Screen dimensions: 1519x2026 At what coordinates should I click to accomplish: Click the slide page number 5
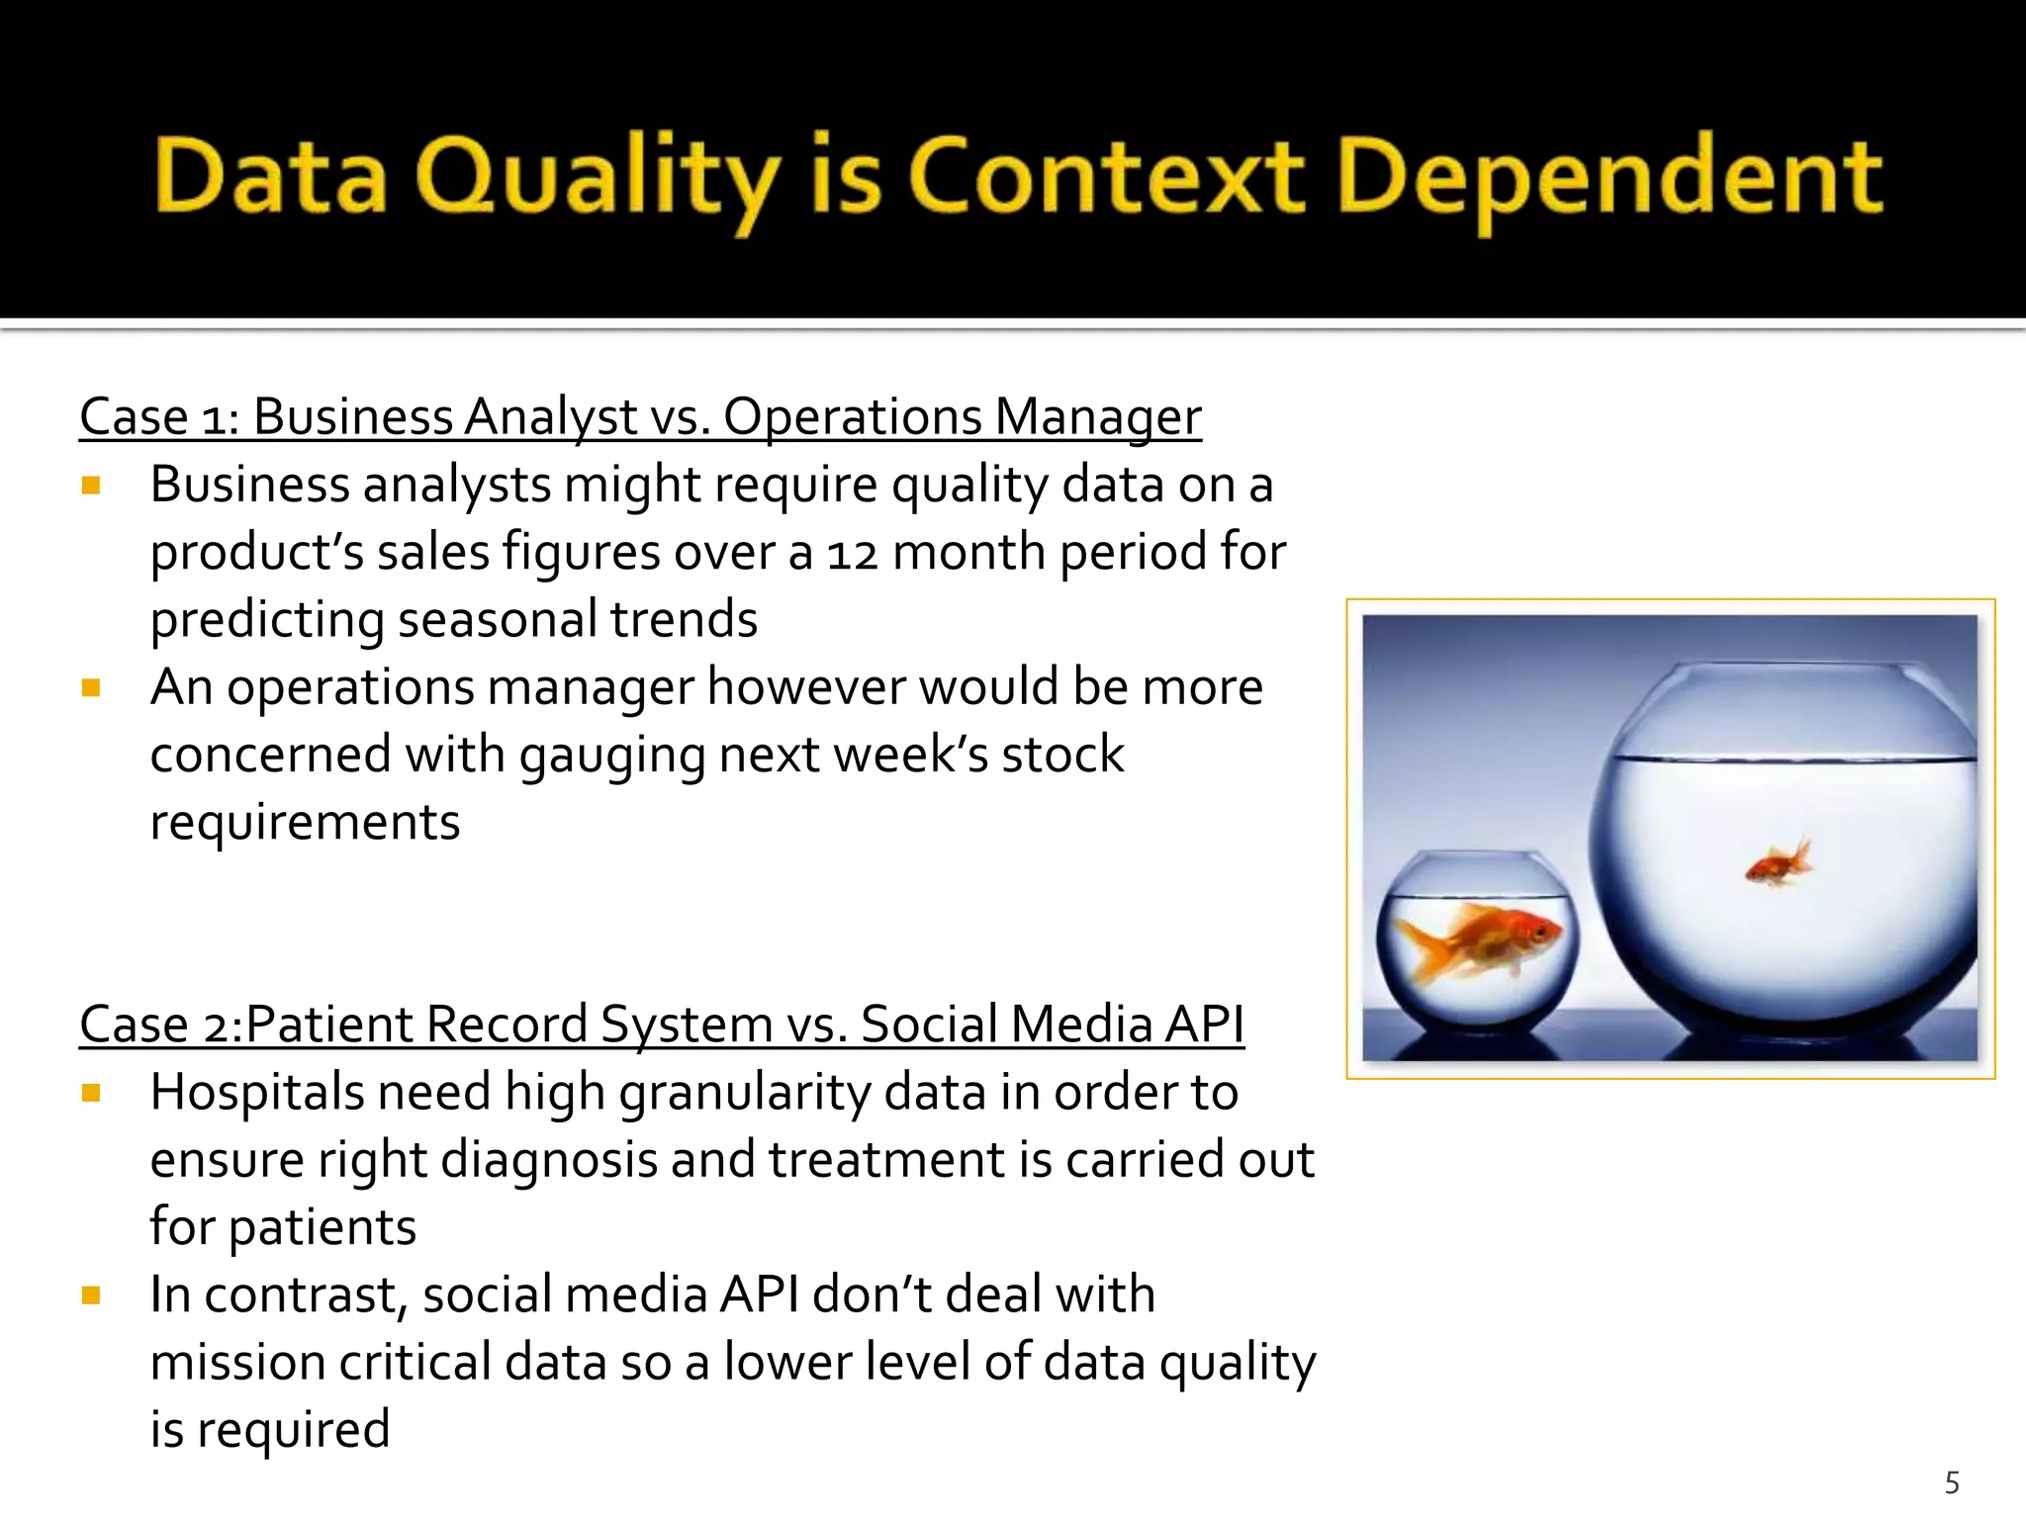[1952, 1482]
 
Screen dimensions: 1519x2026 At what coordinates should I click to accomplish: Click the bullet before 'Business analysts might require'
[92, 485]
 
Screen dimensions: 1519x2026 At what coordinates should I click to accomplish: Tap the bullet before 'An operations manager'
[92, 687]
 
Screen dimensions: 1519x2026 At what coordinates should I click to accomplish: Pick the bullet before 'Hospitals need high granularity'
[92, 1093]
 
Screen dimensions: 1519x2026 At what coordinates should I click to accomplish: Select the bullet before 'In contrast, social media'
[92, 1295]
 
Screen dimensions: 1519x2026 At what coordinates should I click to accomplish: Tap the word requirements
[305, 823]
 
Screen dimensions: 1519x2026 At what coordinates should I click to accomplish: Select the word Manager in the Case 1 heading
[1097, 417]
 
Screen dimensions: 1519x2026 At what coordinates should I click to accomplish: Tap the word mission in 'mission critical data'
[237, 1362]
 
